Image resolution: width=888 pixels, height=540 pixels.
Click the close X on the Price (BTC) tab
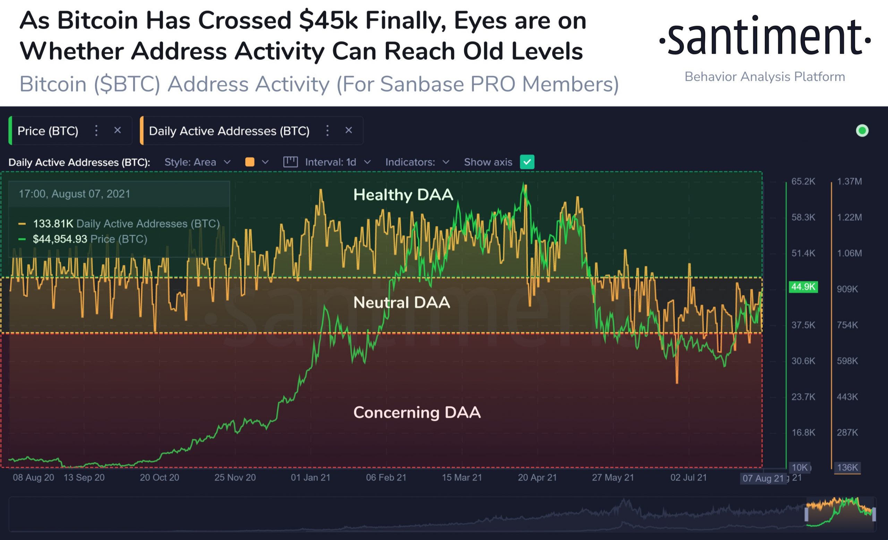tap(118, 130)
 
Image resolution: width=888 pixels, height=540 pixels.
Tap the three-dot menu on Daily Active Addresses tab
tap(327, 130)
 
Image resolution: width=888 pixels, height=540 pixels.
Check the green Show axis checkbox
tap(527, 162)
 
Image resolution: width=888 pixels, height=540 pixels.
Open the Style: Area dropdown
tap(197, 162)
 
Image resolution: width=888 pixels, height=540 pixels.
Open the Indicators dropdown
tap(417, 162)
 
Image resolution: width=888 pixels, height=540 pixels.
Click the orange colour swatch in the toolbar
tap(250, 162)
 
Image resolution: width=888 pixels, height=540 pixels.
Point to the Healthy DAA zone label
tap(403, 195)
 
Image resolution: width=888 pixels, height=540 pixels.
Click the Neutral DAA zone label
tap(401, 302)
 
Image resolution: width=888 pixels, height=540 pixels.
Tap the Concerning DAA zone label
tap(417, 412)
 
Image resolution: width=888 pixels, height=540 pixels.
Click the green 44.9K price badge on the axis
tap(803, 287)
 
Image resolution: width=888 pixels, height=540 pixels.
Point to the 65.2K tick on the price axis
tap(803, 181)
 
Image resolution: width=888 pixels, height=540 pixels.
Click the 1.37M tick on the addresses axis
tap(849, 181)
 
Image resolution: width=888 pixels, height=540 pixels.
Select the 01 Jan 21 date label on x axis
tap(310, 477)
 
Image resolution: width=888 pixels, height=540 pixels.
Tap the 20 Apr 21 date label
tap(537, 477)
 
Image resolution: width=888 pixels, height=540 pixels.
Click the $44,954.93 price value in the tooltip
tap(60, 239)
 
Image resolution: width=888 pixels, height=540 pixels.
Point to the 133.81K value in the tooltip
tap(53, 224)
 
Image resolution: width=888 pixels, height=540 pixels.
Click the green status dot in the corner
tap(862, 131)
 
